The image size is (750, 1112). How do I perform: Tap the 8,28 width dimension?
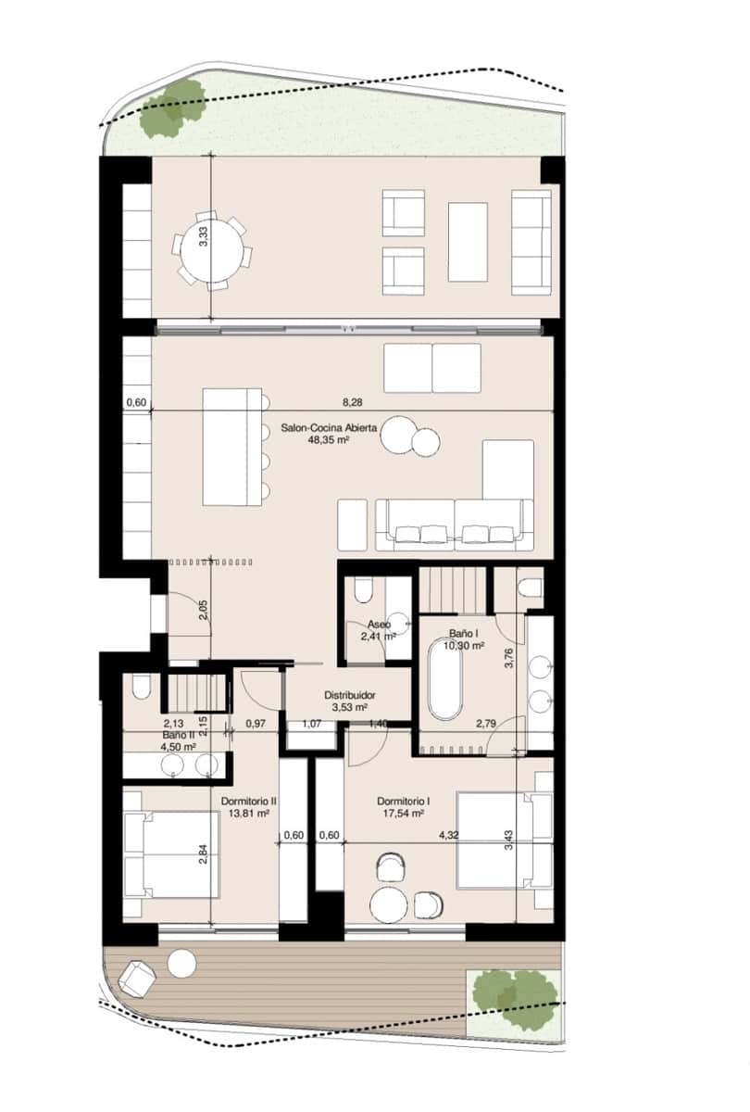[352, 402]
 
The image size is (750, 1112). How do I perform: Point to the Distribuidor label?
[348, 695]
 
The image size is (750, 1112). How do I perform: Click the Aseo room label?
[378, 625]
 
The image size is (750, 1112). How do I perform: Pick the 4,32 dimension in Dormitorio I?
[451, 835]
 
